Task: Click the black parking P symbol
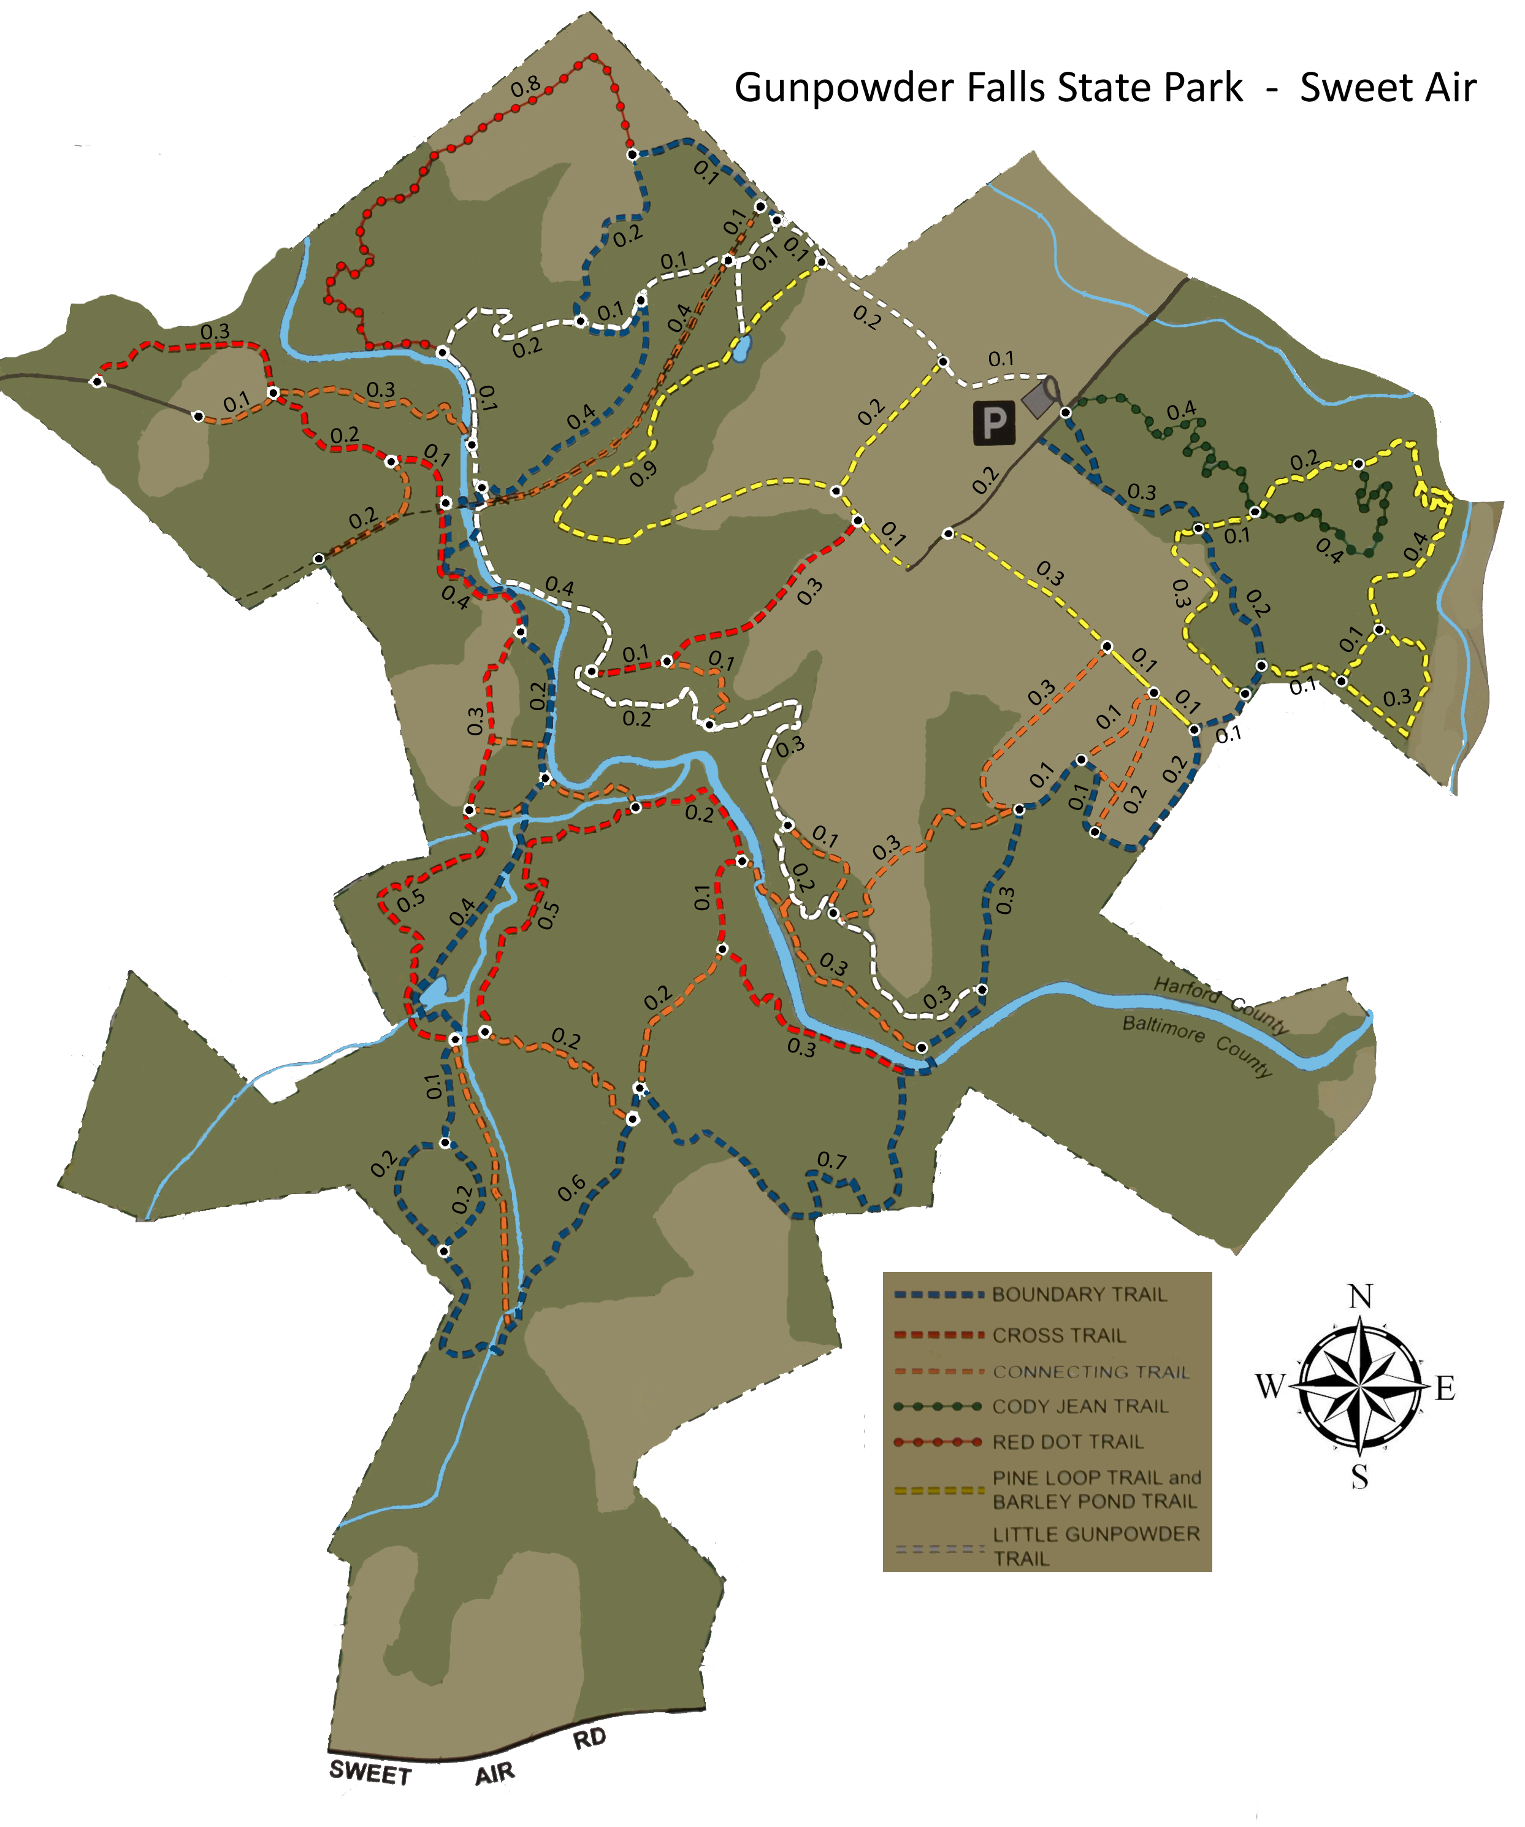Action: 993,424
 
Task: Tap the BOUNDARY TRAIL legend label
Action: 1079,1295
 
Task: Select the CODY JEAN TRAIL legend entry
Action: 1080,1407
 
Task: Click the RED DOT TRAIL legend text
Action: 1068,1442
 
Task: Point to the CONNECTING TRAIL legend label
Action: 1091,1372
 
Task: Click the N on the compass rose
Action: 1359,1297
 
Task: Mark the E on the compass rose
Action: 1445,1388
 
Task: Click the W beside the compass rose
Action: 1270,1386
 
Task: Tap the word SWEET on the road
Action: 370,1773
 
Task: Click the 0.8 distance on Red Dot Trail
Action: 526,87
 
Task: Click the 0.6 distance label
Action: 571,1189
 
